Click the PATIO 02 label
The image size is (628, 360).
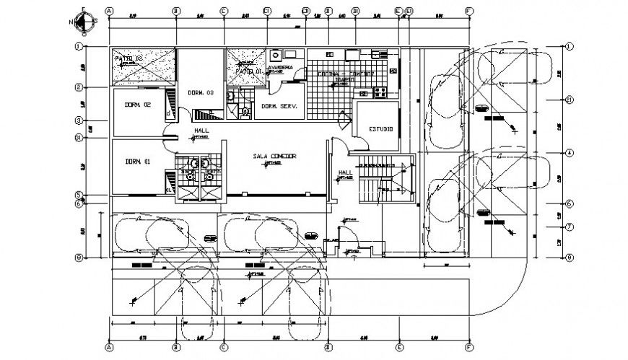128,57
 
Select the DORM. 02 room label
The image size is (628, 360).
136,105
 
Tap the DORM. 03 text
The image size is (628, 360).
201,93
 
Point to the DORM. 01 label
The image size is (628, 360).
136,161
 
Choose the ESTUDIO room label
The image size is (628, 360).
380,129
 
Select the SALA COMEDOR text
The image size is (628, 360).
274,156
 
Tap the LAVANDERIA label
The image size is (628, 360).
280,68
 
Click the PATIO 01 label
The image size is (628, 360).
250,72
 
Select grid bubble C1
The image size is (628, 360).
266,12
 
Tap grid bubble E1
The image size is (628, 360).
409,12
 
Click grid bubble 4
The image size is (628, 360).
569,153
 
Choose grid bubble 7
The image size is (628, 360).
569,227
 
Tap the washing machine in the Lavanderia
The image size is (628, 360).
274,55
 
